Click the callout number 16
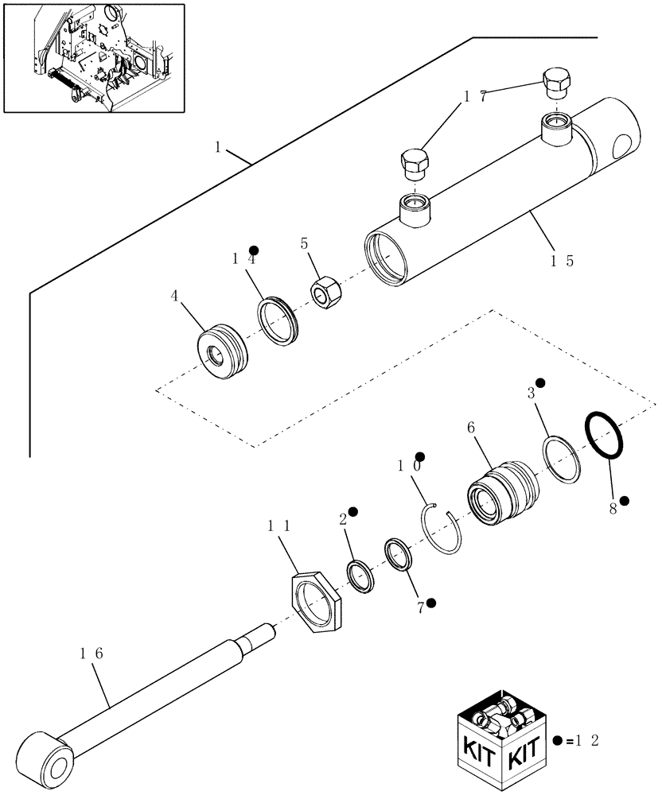[x=92, y=653]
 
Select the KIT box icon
[x=500, y=739]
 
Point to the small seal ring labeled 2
[x=361, y=576]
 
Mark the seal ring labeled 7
[x=398, y=554]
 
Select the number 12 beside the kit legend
[x=590, y=741]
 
